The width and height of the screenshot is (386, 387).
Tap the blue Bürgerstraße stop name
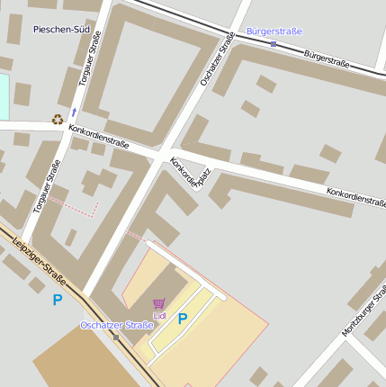coord(274,31)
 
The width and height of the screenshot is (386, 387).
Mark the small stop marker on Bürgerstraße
coord(274,43)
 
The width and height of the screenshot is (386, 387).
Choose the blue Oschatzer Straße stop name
coord(116,325)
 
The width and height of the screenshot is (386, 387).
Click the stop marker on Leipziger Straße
coord(115,337)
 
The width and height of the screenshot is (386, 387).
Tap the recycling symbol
coord(58,119)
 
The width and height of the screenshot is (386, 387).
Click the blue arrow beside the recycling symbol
coord(73,113)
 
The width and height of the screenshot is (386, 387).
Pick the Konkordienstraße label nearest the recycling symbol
coord(99,136)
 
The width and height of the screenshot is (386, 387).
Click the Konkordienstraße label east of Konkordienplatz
coord(355,196)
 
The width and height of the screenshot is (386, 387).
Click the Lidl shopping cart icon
coord(159,304)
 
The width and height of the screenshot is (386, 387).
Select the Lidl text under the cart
coord(160,316)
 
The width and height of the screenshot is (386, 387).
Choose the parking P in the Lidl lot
coord(183,318)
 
